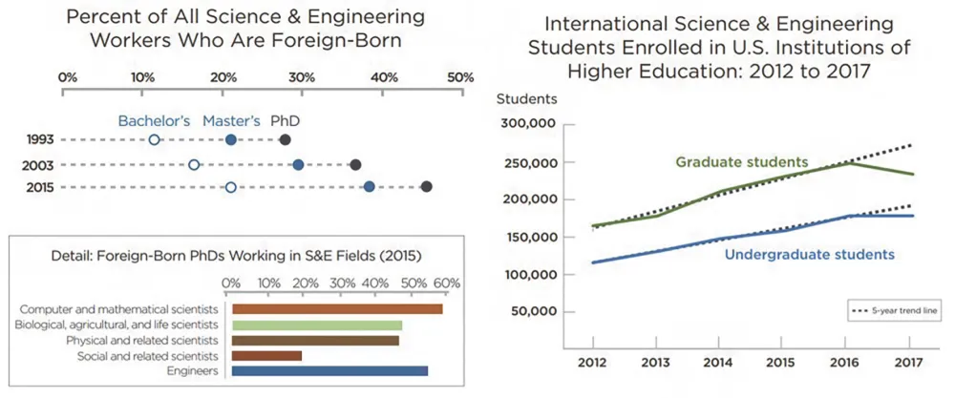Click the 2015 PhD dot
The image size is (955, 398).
pyautogui.click(x=427, y=187)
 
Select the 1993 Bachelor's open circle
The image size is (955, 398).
pyautogui.click(x=155, y=140)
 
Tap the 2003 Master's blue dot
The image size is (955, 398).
pyautogui.click(x=298, y=164)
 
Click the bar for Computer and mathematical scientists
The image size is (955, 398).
pyautogui.click(x=337, y=309)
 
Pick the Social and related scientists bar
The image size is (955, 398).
pyautogui.click(x=266, y=355)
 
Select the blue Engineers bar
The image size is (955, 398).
pyautogui.click(x=329, y=371)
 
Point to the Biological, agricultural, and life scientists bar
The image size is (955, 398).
pyautogui.click(x=316, y=325)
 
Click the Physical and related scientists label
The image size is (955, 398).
pyautogui.click(x=142, y=340)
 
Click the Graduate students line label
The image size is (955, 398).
pyautogui.click(x=742, y=162)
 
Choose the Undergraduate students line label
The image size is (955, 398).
pyautogui.click(x=809, y=255)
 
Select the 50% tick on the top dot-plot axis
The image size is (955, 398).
pyautogui.click(x=460, y=76)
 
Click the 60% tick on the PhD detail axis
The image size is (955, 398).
pyautogui.click(x=447, y=283)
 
